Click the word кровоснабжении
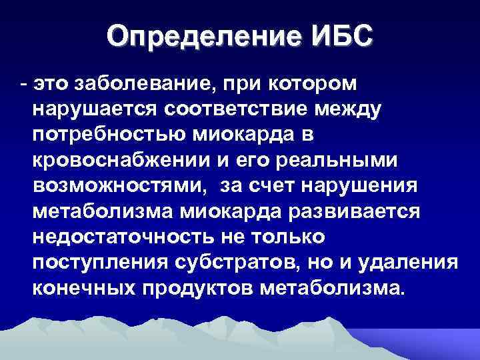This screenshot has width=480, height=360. point(119,161)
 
